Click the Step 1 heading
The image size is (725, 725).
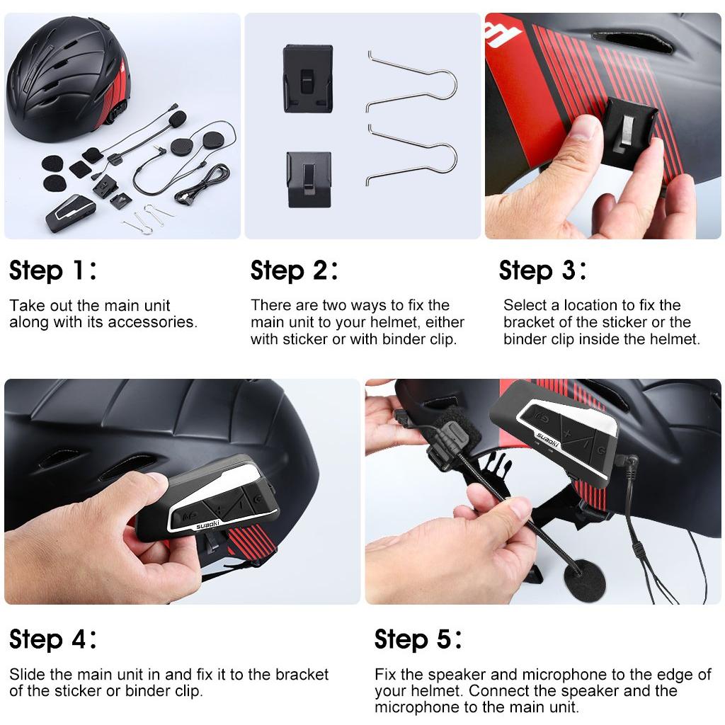click(x=53, y=270)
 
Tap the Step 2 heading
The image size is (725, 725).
click(x=295, y=270)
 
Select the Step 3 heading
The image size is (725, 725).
click(x=543, y=270)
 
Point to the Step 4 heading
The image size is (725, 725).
click(x=53, y=639)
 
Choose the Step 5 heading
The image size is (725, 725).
click(x=418, y=639)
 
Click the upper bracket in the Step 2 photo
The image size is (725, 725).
click(x=308, y=79)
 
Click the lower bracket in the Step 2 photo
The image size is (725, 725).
click(x=309, y=179)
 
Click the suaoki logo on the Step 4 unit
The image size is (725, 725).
click(x=207, y=525)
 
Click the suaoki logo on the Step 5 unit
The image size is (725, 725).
click(x=549, y=439)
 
